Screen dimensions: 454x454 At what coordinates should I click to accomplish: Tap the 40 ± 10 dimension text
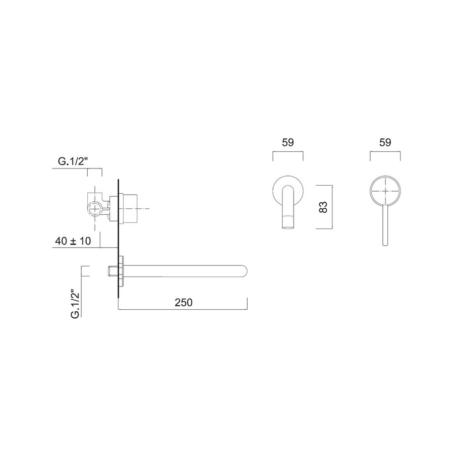click(73, 241)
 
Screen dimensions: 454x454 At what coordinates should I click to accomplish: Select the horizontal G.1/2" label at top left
click(74, 162)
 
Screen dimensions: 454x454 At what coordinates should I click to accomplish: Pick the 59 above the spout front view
click(288, 143)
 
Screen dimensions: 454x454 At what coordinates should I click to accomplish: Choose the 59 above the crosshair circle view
click(386, 143)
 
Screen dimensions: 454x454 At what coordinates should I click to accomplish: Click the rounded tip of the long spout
click(245, 271)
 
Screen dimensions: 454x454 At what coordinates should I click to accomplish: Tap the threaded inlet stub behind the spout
click(112, 271)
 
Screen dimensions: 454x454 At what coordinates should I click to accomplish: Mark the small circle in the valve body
click(94, 208)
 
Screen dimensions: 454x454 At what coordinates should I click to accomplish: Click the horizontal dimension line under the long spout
click(183, 310)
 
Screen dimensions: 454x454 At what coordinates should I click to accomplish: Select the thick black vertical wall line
click(118, 237)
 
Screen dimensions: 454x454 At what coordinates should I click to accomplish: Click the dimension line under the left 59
click(288, 151)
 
